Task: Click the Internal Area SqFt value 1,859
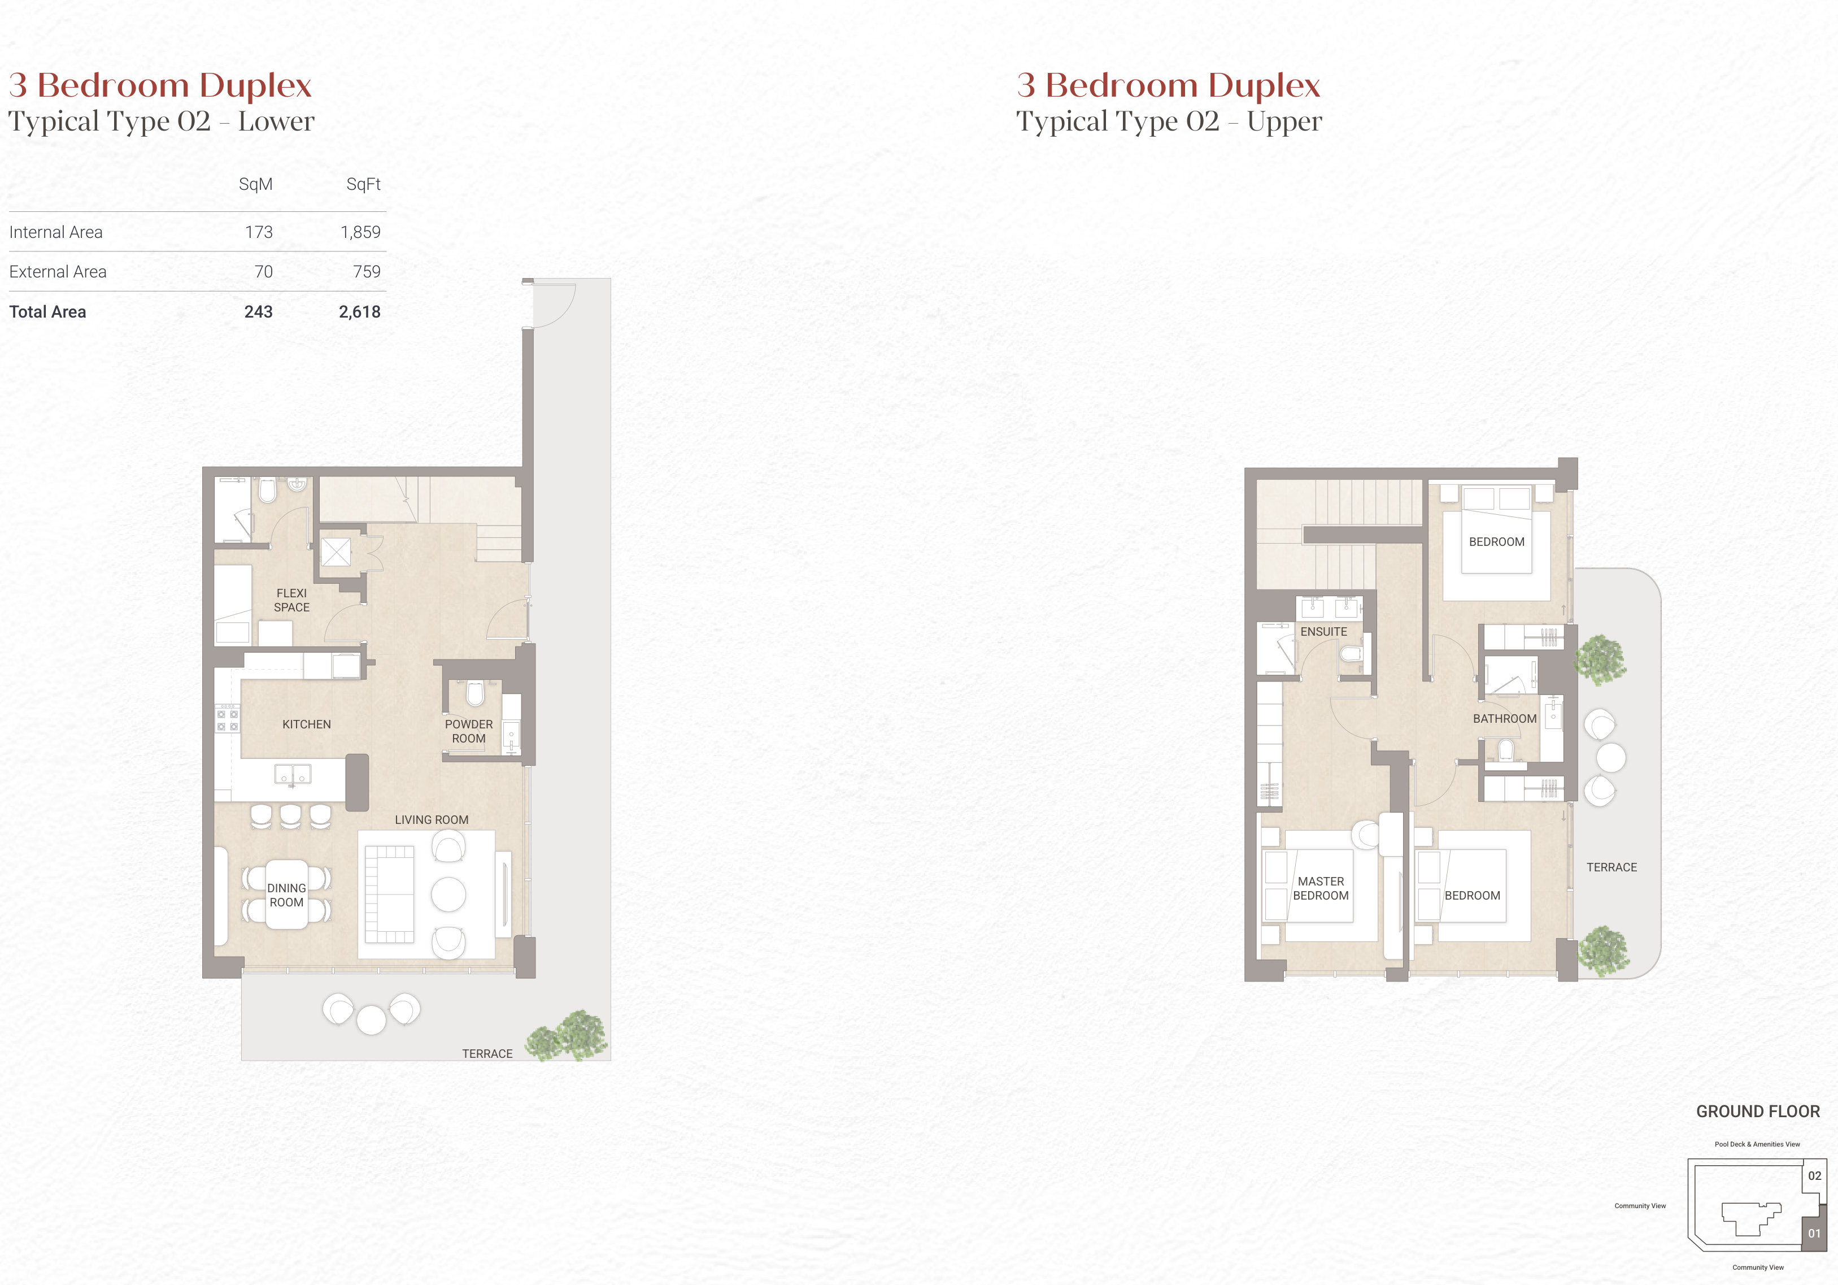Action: (x=360, y=232)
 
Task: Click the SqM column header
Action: (x=255, y=185)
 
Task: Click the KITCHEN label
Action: (x=307, y=724)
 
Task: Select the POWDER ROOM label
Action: (x=469, y=732)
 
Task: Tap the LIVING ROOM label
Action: (x=432, y=820)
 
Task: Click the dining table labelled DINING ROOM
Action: (x=286, y=895)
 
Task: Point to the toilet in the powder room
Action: (x=476, y=693)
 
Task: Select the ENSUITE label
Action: (x=1324, y=632)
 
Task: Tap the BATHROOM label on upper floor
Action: (x=1505, y=719)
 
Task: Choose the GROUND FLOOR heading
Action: (x=1758, y=1112)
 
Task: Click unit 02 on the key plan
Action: (x=1815, y=1176)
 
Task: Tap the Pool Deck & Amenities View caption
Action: (x=1757, y=1144)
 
